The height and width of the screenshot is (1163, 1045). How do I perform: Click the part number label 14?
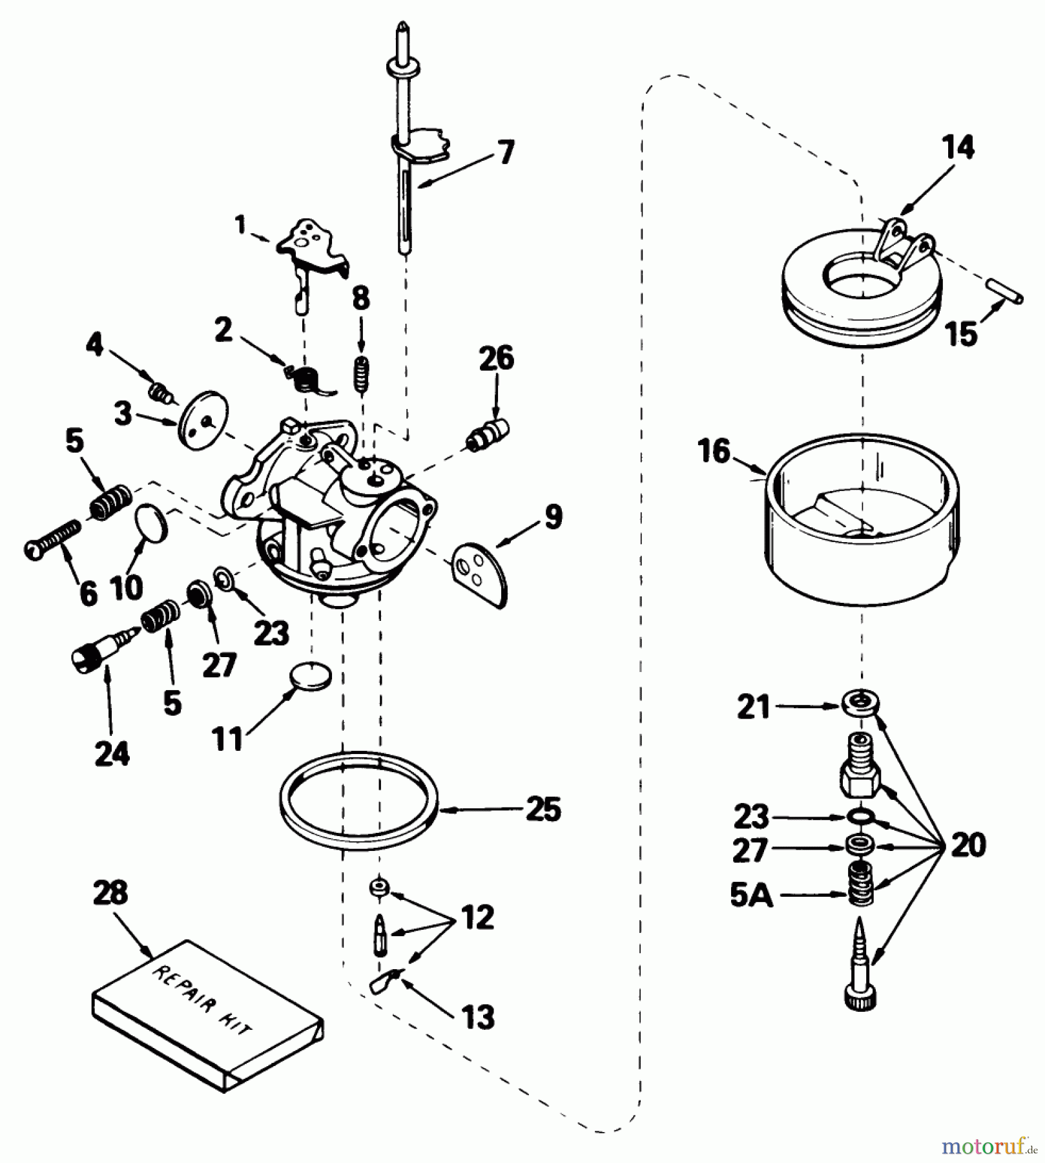click(x=958, y=148)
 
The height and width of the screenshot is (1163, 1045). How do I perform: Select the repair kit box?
click(x=207, y=1016)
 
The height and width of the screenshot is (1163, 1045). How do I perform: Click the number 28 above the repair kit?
click(x=110, y=894)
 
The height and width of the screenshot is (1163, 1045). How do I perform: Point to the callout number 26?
click(x=496, y=359)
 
